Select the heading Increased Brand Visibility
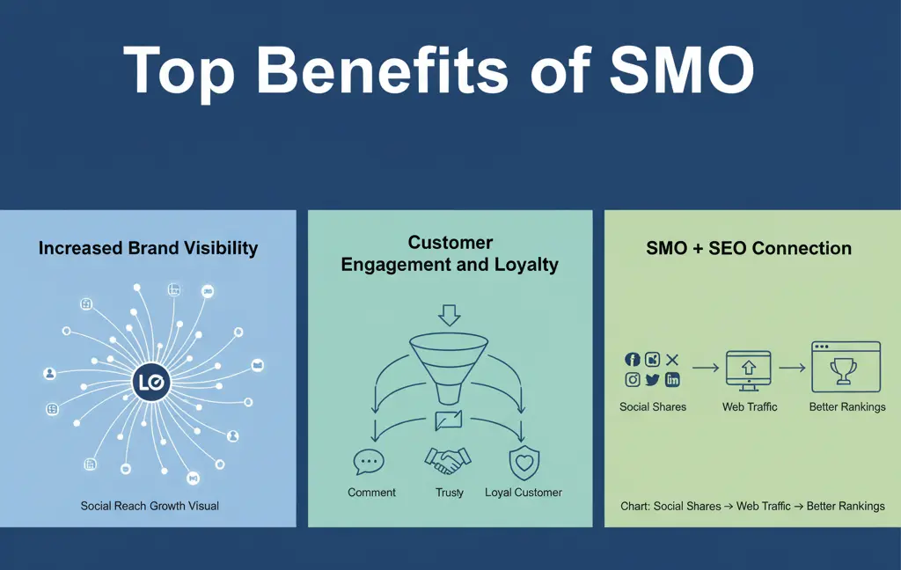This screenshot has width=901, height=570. [148, 248]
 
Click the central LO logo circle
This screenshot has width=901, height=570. [149, 383]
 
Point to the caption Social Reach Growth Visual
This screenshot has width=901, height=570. [150, 506]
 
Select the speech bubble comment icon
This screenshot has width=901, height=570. [369, 461]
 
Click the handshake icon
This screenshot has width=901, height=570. [449, 460]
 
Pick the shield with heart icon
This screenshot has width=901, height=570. [524, 461]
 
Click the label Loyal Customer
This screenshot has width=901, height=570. [524, 493]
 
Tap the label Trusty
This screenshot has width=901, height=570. [450, 493]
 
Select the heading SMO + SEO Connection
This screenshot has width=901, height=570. [749, 248]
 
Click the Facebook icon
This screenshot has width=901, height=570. [632, 359]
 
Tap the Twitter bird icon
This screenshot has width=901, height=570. [652, 380]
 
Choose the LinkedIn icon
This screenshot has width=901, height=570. [672, 380]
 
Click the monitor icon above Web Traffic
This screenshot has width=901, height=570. [749, 370]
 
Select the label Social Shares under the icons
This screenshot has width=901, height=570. [653, 407]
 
